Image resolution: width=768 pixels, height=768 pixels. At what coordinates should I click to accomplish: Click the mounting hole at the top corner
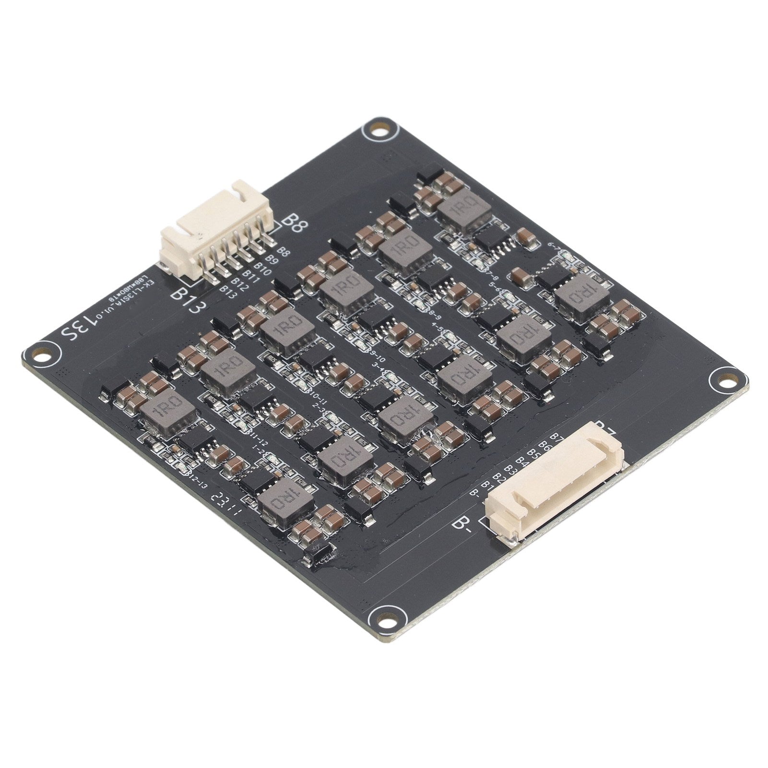pyautogui.click(x=381, y=129)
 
